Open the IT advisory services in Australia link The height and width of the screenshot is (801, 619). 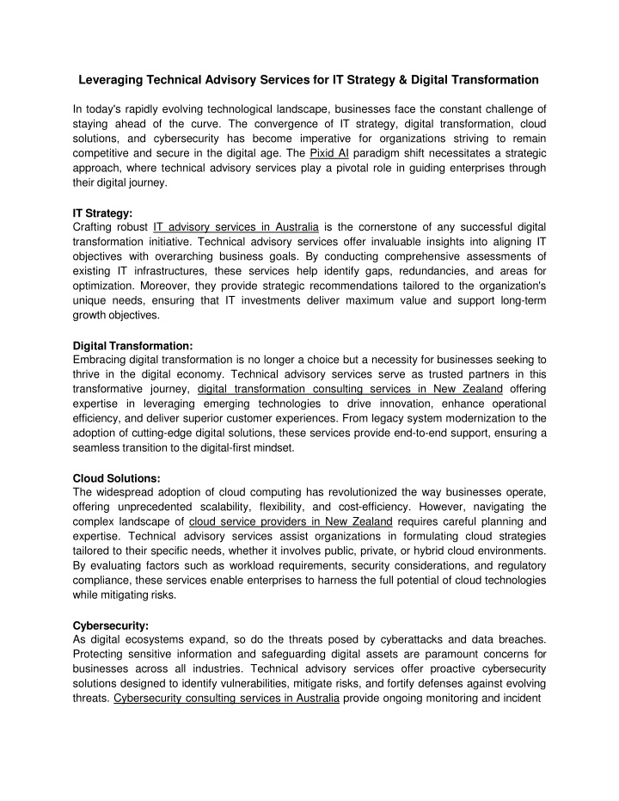pos(236,226)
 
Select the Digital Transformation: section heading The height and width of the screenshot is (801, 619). pos(133,347)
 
